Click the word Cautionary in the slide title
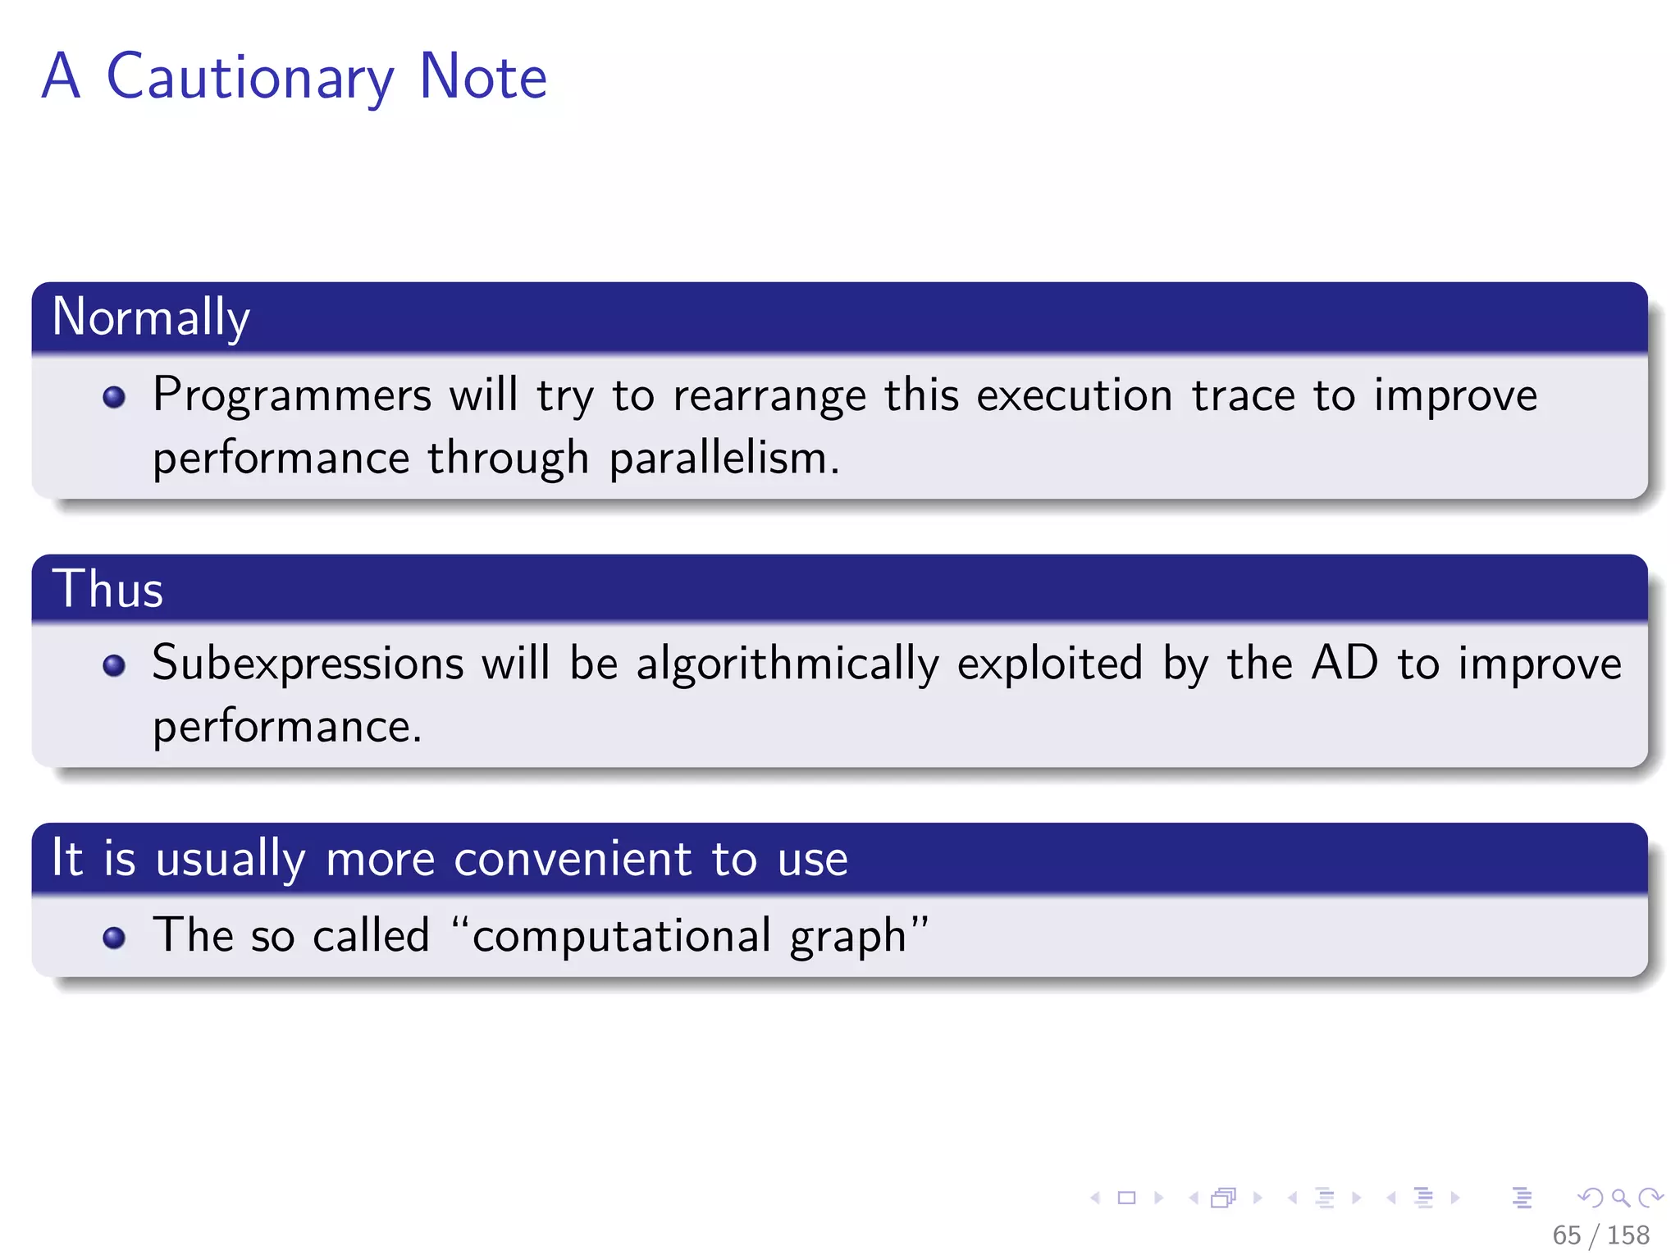click(x=250, y=78)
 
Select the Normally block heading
click(x=151, y=317)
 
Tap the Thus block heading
click(x=108, y=589)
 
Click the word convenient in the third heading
click(x=573, y=860)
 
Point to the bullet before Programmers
click(x=114, y=398)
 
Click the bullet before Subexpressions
click(x=114, y=665)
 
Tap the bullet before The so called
click(x=114, y=937)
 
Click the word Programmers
click(x=291, y=396)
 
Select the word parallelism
click(x=724, y=459)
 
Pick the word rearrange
click(x=769, y=396)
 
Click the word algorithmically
click(x=787, y=664)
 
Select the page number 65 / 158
click(x=1600, y=1235)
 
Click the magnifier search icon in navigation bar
click(x=1620, y=1198)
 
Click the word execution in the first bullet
click(x=1075, y=396)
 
